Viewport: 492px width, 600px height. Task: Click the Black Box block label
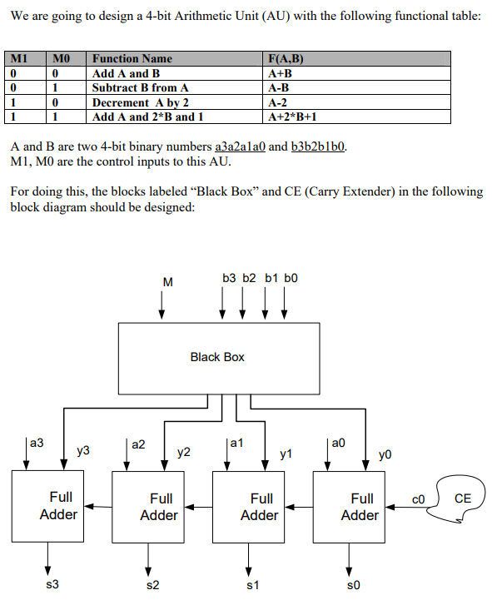pyautogui.click(x=217, y=357)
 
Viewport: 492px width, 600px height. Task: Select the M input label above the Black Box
pyautogui.click(x=167, y=282)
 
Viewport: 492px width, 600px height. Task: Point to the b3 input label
pyautogui.click(x=229, y=278)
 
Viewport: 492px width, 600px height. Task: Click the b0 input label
pyautogui.click(x=291, y=278)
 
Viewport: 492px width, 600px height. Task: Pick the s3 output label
pyautogui.click(x=52, y=584)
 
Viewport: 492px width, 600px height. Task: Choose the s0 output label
pyautogui.click(x=354, y=585)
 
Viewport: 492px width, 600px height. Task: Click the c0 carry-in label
pyautogui.click(x=418, y=499)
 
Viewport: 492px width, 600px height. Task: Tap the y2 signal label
pyautogui.click(x=184, y=453)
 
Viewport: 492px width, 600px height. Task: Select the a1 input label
pyautogui.click(x=236, y=443)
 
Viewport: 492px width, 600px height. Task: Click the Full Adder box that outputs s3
pyautogui.click(x=47, y=506)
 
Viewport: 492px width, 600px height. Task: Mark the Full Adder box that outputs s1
pyautogui.click(x=248, y=507)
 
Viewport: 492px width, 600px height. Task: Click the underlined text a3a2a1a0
pyautogui.click(x=240, y=146)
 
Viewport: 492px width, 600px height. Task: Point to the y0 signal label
pyautogui.click(x=385, y=454)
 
